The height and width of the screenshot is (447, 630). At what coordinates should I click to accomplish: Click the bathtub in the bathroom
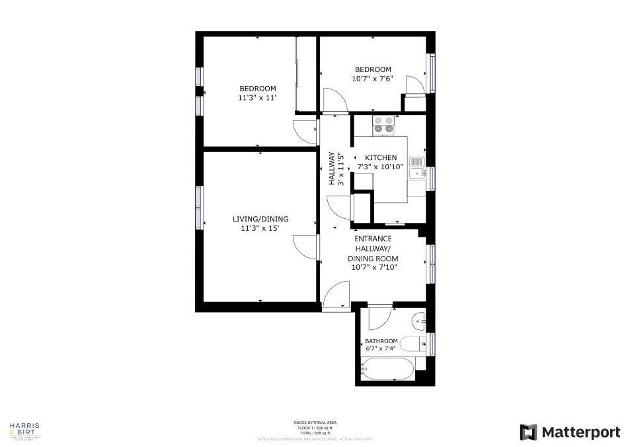pyautogui.click(x=388, y=369)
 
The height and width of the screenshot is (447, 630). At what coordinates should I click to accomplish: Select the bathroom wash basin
pyautogui.click(x=419, y=323)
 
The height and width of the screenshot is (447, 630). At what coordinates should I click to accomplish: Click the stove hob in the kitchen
pyautogui.click(x=383, y=125)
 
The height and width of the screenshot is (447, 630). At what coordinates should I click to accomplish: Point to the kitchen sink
pyautogui.click(x=416, y=169)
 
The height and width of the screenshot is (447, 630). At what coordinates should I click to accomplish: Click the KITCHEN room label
pyautogui.click(x=381, y=158)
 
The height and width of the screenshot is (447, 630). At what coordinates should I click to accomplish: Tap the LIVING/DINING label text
pyautogui.click(x=260, y=220)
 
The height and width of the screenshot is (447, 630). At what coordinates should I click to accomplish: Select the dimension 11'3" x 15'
pyautogui.click(x=260, y=229)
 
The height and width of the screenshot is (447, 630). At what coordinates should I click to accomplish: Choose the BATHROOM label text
pyautogui.click(x=381, y=341)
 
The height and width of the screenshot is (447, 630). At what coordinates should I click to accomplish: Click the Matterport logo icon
pyautogui.click(x=529, y=432)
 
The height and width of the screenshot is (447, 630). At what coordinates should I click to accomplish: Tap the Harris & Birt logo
pyautogui.click(x=24, y=430)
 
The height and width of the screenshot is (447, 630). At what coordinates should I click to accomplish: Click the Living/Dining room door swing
pyautogui.click(x=305, y=249)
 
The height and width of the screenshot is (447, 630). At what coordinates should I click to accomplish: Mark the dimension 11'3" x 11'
pyautogui.click(x=257, y=98)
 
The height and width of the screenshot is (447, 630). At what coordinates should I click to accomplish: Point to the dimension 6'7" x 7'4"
pyautogui.click(x=381, y=348)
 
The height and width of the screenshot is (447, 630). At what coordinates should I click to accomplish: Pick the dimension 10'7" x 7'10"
pyautogui.click(x=373, y=267)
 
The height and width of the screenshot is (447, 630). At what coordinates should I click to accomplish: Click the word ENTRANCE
pyautogui.click(x=373, y=239)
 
